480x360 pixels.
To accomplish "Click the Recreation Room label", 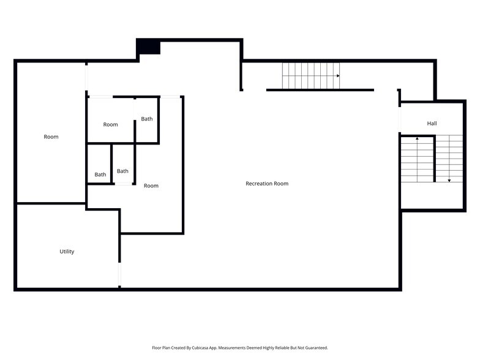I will (267, 184).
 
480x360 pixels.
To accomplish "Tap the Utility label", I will (67, 252).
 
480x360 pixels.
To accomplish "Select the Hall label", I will (432, 124).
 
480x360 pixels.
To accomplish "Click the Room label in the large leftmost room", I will (51, 137).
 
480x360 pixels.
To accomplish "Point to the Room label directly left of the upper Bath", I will (110, 125).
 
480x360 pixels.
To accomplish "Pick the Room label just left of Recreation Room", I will (151, 186).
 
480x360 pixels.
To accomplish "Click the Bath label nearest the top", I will (147, 119).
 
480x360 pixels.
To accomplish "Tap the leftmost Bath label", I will (100, 174).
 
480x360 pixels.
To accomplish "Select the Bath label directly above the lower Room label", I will (122, 171).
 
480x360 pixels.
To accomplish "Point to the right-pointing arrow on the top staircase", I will (338, 75).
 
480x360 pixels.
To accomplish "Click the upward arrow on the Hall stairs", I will (418, 139).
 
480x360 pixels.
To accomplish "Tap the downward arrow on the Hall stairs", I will (449, 180).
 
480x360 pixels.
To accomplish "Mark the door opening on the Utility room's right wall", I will (119, 274).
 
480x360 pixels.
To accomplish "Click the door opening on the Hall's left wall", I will (400, 119).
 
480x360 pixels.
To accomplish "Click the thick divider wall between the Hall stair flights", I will (434, 159).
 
